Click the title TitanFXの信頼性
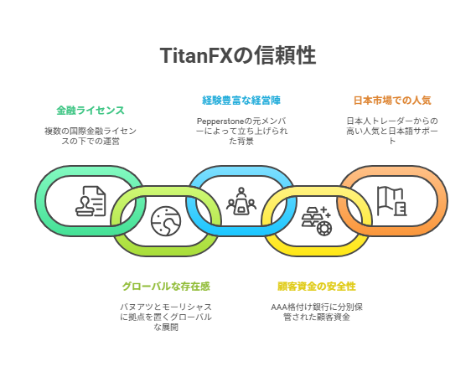point(238,55)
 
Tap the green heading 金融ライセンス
point(91,110)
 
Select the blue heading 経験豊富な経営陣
point(241,101)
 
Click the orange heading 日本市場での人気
point(392,101)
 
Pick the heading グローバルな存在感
point(166,287)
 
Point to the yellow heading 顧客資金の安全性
point(317,287)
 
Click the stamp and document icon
point(91,201)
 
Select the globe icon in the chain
point(166,221)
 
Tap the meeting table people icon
point(241,201)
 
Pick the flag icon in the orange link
point(392,201)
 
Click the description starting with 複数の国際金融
point(91,136)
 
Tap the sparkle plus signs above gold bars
point(326,212)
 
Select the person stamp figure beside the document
point(85,205)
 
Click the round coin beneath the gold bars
point(324,229)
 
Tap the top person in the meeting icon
point(241,191)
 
